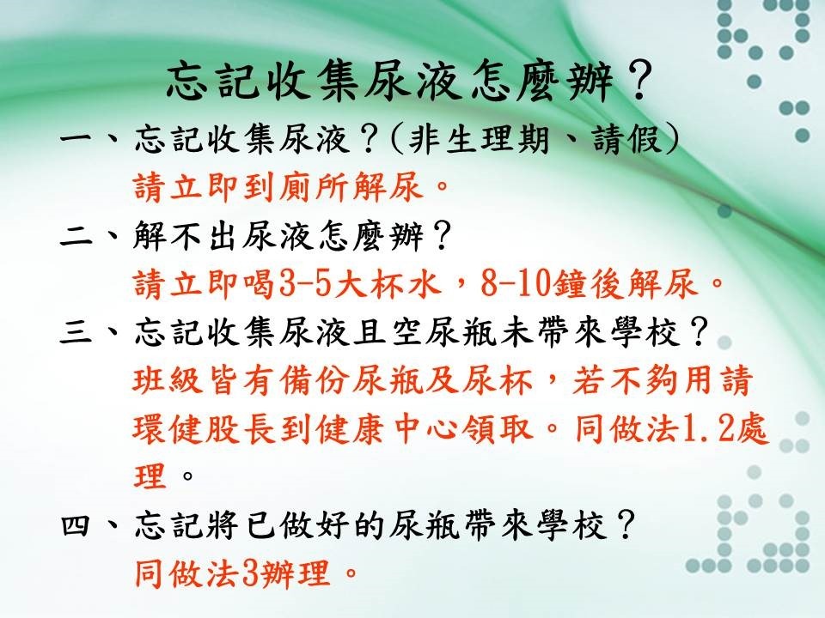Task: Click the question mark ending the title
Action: point(639,82)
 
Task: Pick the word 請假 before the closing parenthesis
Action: point(627,140)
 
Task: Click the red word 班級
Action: point(168,381)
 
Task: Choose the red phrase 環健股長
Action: point(205,429)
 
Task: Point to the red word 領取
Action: point(498,429)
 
